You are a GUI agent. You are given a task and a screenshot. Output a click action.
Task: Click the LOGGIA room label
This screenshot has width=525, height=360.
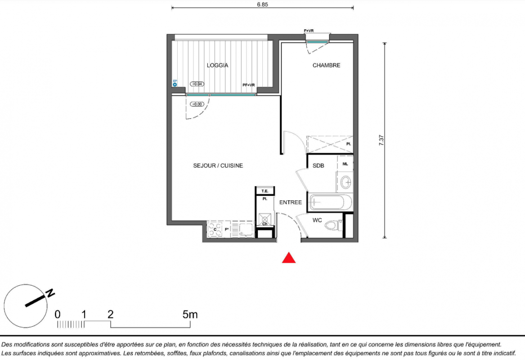point(217,65)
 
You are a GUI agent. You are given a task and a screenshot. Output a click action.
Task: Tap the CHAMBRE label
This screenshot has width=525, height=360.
point(327,65)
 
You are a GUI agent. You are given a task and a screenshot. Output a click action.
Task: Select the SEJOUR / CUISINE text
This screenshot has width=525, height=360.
point(218,166)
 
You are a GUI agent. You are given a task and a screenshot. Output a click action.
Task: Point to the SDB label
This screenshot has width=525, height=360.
point(318,166)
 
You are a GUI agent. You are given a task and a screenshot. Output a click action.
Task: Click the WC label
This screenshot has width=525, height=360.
point(317,220)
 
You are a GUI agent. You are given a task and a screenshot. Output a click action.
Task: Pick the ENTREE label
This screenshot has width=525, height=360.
point(291,202)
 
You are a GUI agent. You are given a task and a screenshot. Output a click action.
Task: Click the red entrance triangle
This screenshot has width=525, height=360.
point(289,257)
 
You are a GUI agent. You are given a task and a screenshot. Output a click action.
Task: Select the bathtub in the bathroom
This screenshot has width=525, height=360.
point(330,202)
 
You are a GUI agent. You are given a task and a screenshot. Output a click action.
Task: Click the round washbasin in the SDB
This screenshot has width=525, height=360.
point(346,183)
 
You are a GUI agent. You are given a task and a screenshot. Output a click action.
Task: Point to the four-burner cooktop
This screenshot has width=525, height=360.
point(215,229)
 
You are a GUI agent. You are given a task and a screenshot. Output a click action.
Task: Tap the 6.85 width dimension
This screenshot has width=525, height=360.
point(263,4)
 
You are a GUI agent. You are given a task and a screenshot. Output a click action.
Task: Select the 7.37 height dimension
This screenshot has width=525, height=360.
point(381,140)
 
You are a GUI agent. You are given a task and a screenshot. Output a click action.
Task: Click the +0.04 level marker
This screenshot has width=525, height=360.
point(197,84)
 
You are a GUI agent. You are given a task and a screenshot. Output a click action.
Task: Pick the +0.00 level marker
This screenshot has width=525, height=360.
point(197,104)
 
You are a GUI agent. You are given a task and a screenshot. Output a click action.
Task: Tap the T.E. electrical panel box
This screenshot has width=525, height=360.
point(265,191)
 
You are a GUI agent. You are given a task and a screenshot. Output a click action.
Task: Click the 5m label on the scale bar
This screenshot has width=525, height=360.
point(190,315)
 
